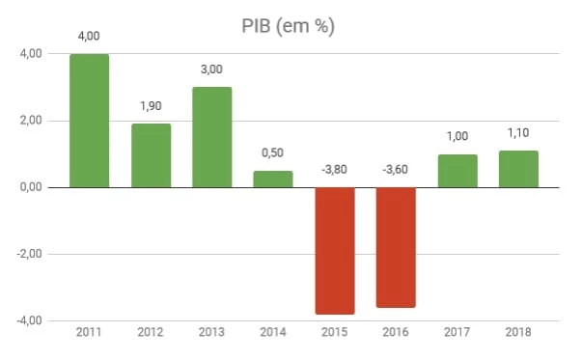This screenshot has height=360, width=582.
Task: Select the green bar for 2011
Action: pos(89,120)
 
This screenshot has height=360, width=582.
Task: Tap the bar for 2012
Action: pos(151,154)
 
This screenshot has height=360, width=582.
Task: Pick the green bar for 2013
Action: pos(211,136)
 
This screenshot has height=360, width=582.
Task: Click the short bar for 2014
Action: pos(273,179)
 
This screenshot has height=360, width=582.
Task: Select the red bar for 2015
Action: pos(334,250)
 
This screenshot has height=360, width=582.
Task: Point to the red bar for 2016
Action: pos(396,247)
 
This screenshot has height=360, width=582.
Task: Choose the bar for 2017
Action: pos(457,170)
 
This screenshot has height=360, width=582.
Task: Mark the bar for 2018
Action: pos(518,168)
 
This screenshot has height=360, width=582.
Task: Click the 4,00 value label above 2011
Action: pos(89,37)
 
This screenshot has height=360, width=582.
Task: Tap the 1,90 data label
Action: pos(151,106)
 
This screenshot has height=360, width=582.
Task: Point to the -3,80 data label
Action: pos(334,170)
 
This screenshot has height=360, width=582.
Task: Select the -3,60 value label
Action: pos(396,170)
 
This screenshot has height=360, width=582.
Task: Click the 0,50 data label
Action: pos(273,153)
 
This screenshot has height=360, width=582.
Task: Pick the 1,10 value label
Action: pos(518,133)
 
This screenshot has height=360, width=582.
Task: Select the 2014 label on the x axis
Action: pos(273,333)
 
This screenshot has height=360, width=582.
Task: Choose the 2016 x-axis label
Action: pos(396,333)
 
